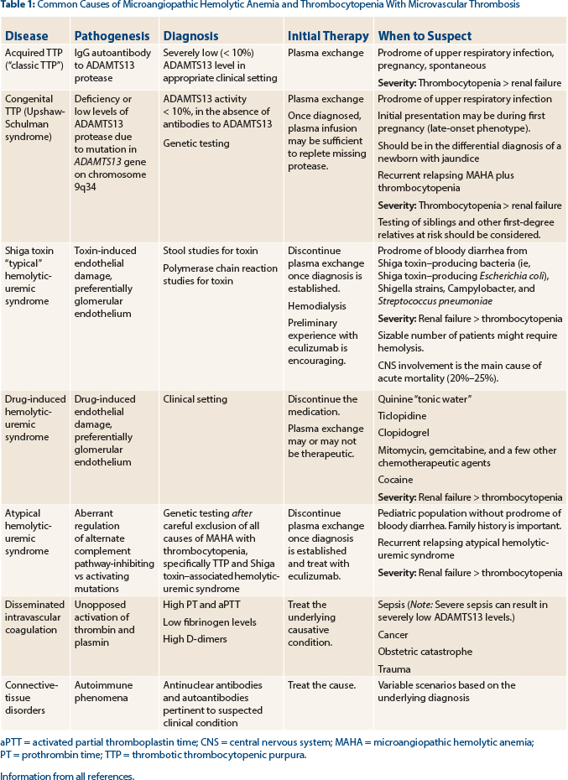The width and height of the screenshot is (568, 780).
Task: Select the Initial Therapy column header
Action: coord(328,36)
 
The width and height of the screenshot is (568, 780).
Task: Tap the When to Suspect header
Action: coord(425,36)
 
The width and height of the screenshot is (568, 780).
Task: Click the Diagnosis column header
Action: coord(190,36)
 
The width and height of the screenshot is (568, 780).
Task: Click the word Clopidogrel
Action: coord(404,433)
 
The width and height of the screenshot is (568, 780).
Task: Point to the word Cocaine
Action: coord(395,480)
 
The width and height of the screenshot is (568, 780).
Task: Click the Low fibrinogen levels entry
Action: coord(205,621)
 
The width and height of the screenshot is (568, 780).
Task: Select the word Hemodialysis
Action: coord(317,306)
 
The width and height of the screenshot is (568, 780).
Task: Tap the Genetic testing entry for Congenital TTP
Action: coord(195,143)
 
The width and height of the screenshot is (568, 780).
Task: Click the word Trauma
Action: coord(393,668)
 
